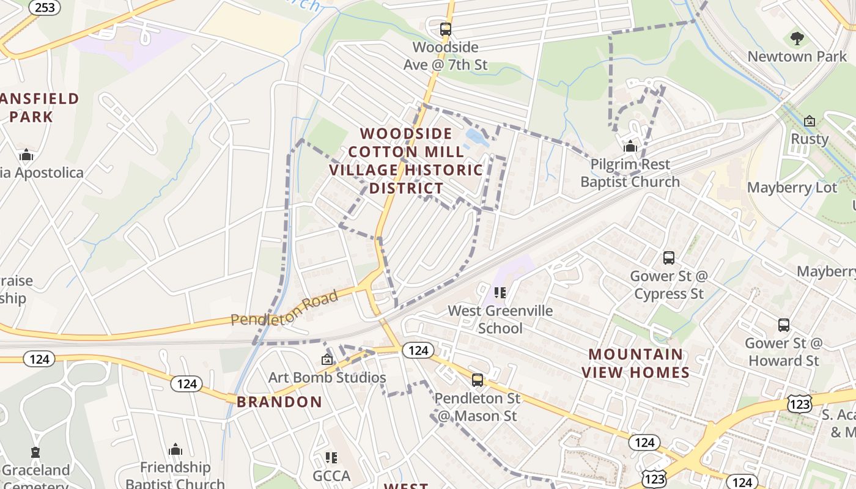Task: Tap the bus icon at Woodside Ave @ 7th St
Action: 445,29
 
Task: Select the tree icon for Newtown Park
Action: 797,39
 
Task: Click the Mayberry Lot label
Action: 792,188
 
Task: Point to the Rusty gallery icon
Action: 810,121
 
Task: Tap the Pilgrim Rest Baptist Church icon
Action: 630,146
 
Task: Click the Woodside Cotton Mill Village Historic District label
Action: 406,161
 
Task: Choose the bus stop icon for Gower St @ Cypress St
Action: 668,258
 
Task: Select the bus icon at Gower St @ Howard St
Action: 783,325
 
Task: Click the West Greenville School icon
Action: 500,293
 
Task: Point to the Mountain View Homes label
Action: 635,363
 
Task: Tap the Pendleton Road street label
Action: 284,309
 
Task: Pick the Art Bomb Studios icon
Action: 327,359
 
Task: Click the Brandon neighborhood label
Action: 279,402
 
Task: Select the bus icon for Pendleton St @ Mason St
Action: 477,380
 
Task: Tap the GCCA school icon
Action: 331,458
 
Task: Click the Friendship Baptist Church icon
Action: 175,450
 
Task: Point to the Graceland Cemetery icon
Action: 35,453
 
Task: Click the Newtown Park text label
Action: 797,57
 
